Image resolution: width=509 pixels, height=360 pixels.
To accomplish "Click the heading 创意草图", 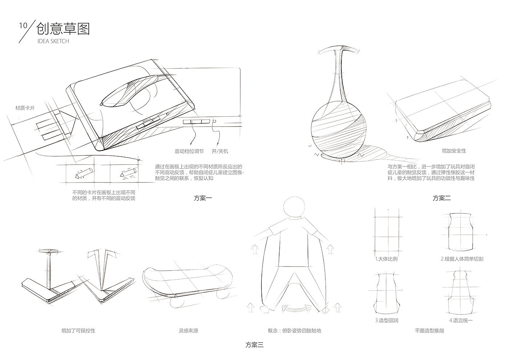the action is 63,29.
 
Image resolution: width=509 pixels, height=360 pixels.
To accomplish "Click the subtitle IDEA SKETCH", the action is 53,41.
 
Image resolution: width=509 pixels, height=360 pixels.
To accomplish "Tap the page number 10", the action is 23,25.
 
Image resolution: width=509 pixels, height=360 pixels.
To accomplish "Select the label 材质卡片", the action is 25,108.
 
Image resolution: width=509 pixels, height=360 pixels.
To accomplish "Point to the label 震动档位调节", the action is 189,151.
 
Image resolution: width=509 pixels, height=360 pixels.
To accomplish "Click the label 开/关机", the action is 220,151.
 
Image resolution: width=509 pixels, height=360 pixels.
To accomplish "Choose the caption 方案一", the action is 203,198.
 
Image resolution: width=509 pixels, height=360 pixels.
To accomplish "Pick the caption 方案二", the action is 442,198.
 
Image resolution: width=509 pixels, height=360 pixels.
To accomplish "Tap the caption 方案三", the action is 254,345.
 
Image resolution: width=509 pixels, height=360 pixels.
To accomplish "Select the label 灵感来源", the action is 188,331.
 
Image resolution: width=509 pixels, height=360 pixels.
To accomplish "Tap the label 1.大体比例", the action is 386,259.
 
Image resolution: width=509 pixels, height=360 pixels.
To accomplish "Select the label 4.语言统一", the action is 461,321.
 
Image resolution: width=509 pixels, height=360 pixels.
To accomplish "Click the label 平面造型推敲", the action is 429,331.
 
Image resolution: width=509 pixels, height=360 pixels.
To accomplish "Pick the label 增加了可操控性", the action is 78,331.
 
